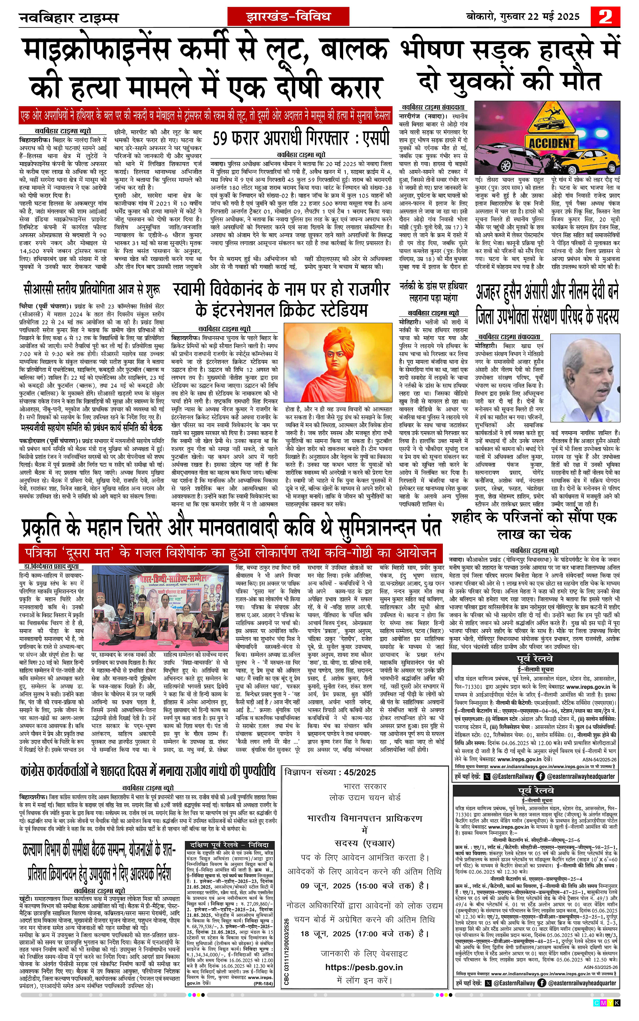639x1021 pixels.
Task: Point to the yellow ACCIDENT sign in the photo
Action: click(551, 143)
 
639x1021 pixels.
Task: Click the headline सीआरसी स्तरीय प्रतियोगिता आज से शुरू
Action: click(92, 291)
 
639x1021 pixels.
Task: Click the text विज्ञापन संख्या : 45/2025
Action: click(330, 772)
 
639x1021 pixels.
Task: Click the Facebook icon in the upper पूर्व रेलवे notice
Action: click(541, 776)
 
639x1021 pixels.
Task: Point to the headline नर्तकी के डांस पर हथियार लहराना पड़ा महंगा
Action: click(434, 292)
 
